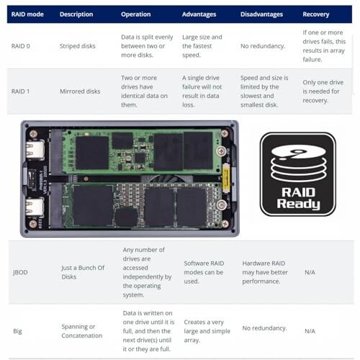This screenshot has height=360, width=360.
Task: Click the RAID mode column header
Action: coord(27,14)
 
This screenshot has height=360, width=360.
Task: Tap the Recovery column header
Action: coord(316,14)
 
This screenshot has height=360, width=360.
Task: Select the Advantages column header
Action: coord(199,14)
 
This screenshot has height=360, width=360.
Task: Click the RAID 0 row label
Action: coord(21,46)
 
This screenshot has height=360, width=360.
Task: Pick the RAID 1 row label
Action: coord(20,91)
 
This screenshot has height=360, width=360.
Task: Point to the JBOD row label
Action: coord(20,272)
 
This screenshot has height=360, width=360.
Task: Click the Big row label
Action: coord(17,331)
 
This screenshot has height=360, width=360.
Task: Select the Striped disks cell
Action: coord(77,46)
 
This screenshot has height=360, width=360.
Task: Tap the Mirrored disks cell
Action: coord(80,91)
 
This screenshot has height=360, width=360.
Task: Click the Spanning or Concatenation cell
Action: coord(82,331)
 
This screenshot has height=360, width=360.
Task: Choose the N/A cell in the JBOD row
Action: coord(310,272)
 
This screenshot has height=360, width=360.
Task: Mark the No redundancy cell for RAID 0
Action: coord(263,46)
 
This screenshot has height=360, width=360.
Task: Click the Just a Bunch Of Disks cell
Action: coord(83,272)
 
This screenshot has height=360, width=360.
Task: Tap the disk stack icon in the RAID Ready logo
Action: coord(298,163)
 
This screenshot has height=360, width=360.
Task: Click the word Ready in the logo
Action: coord(298,204)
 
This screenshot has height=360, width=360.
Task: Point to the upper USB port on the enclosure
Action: coord(35,150)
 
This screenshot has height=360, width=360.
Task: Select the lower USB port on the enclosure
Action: coord(35,207)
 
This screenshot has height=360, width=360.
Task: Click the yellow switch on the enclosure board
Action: coord(225,179)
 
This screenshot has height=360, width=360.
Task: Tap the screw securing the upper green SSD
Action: coord(221,151)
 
